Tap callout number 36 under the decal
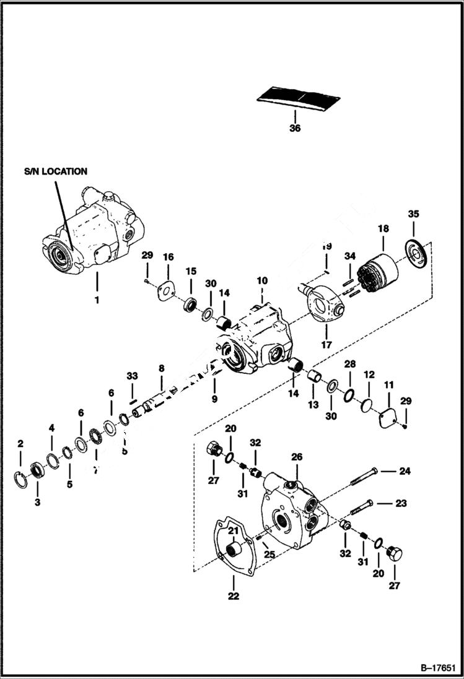tap(295, 129)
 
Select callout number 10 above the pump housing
tap(262, 280)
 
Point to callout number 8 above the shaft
tap(161, 368)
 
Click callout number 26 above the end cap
tap(297, 457)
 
